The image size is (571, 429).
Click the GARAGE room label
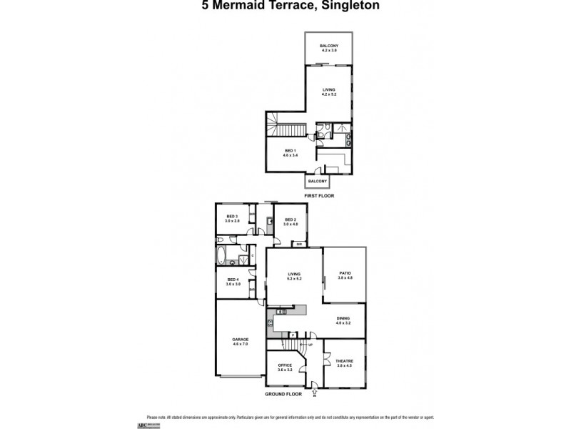pyautogui.click(x=240, y=342)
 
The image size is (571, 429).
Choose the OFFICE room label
pyautogui.click(x=285, y=367)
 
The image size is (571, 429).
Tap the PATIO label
pyautogui.click(x=345, y=275)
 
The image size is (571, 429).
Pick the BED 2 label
pyautogui.click(x=290, y=222)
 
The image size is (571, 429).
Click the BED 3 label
pyautogui.click(x=232, y=218)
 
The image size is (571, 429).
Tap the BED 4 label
pyautogui.click(x=232, y=282)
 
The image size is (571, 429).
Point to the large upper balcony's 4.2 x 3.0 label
pyautogui.click(x=328, y=50)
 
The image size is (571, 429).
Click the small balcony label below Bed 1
pyautogui.click(x=318, y=182)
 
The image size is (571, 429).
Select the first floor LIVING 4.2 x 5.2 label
pyautogui.click(x=328, y=92)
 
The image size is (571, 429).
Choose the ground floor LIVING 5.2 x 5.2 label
pyautogui.click(x=294, y=275)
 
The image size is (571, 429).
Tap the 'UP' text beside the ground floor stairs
pyautogui.click(x=310, y=345)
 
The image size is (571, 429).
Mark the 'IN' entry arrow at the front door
pyautogui.click(x=315, y=392)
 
